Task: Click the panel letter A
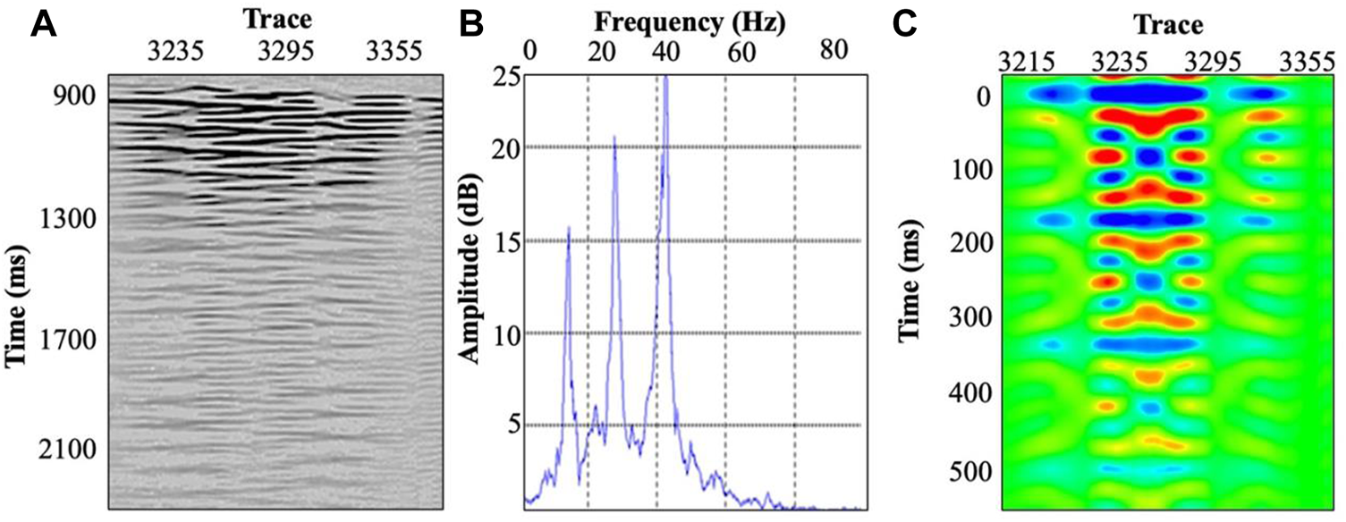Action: [x=44, y=24]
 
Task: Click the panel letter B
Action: [x=471, y=24]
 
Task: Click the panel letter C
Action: [x=905, y=24]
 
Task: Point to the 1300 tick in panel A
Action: [x=71, y=218]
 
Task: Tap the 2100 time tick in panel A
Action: [x=71, y=449]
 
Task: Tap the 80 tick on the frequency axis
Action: [x=834, y=52]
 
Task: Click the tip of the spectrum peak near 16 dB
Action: [x=568, y=227]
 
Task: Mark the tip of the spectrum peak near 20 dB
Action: [x=614, y=136]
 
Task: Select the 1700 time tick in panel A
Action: [x=71, y=340]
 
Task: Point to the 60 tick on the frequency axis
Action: [x=741, y=52]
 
